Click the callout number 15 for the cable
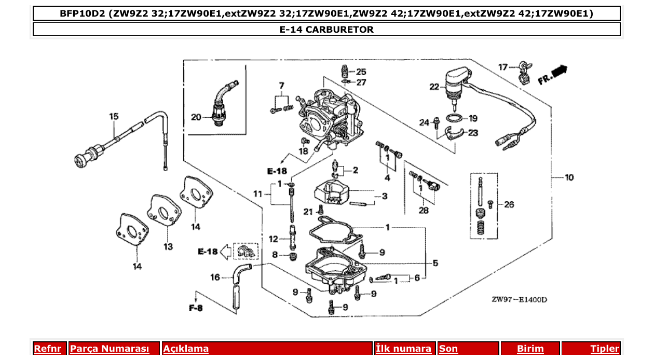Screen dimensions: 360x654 click(x=114, y=117)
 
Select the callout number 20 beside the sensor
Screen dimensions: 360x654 click(x=196, y=117)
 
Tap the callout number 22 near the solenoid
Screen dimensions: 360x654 click(x=434, y=87)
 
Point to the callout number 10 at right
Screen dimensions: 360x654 click(x=569, y=178)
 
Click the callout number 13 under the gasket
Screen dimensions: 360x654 click(x=168, y=247)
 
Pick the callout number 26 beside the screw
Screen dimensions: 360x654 click(x=509, y=204)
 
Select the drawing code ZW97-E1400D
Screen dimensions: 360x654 click(x=519, y=300)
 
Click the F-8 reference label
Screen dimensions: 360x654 click(x=196, y=308)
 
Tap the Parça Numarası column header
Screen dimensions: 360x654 click(x=110, y=349)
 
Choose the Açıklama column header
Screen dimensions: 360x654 click(x=186, y=349)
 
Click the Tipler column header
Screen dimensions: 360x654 click(x=604, y=349)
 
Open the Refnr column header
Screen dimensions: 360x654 click(x=48, y=349)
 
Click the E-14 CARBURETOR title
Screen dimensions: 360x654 click(x=326, y=30)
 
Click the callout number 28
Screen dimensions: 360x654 click(x=424, y=210)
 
